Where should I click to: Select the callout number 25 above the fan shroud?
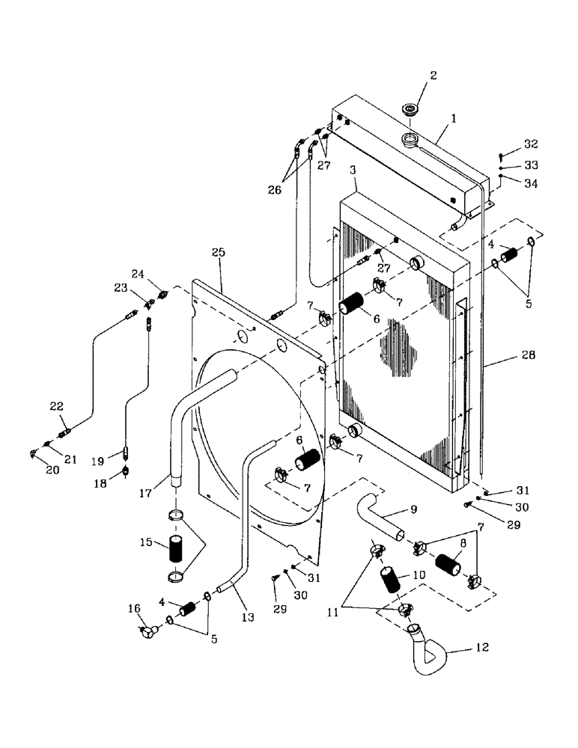click(x=217, y=254)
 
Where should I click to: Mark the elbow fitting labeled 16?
click(x=147, y=634)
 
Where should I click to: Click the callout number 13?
click(x=248, y=617)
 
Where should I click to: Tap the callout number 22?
click(x=57, y=406)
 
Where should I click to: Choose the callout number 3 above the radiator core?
click(x=353, y=171)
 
